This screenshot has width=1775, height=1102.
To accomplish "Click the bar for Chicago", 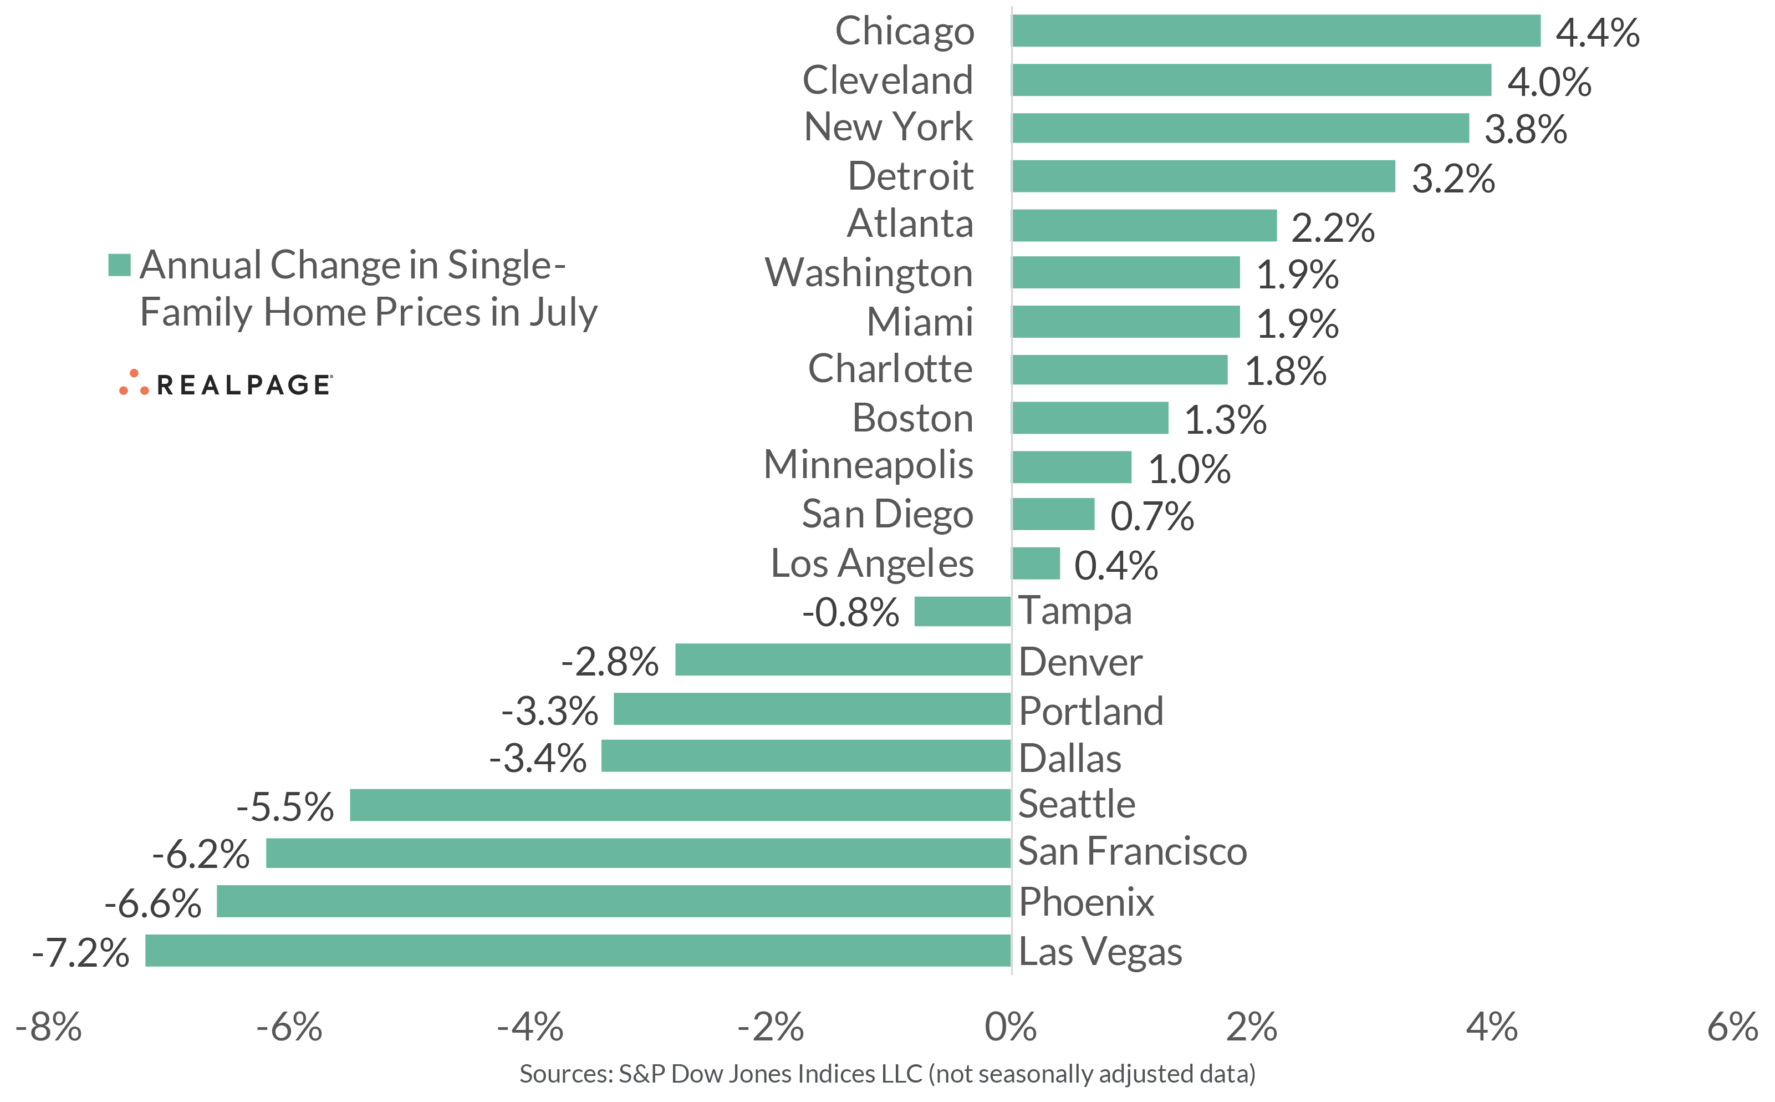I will click(1276, 31).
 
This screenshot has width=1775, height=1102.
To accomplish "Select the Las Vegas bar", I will click(578, 951).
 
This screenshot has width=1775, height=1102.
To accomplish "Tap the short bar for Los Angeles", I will click(1036, 563).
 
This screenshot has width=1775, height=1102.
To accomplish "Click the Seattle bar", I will click(680, 805).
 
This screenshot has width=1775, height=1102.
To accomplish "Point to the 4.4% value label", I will click(1597, 33).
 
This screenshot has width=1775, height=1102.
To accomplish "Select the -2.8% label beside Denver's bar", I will click(610, 662).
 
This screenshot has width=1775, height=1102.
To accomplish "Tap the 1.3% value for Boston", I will click(1225, 420).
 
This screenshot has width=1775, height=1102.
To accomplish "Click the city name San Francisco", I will click(1132, 851).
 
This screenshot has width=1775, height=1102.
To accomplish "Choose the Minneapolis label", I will click(868, 465).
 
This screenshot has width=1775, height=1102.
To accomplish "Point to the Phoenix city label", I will click(1086, 902).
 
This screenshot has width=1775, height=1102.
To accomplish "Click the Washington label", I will click(868, 272).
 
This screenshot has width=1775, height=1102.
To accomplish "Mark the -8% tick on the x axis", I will click(49, 1027).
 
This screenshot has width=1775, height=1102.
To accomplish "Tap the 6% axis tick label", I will click(1732, 1027).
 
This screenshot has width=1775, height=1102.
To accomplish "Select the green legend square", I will click(119, 265).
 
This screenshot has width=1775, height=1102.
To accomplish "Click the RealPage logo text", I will click(243, 385).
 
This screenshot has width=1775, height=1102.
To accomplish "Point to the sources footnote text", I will click(887, 1074).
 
